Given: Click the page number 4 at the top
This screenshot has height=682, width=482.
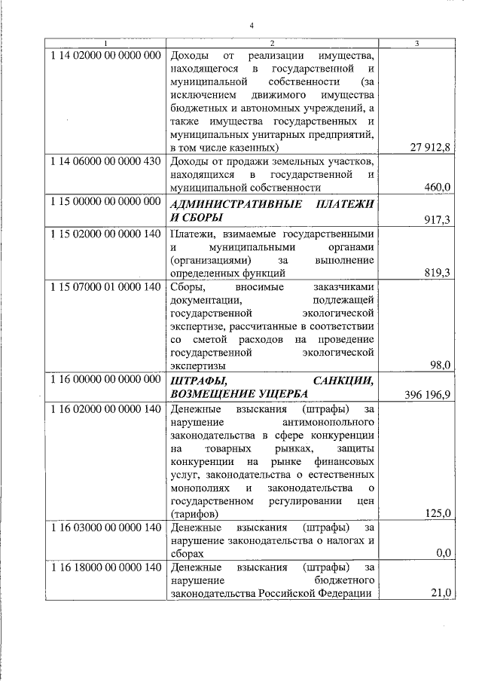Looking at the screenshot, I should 252,27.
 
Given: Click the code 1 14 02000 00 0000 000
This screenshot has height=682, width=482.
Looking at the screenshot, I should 106,56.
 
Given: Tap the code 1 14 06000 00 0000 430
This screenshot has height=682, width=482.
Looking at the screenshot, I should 106,161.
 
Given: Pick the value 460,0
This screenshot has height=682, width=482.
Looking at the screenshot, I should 437,188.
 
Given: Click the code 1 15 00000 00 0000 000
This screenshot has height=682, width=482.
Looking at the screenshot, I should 106,202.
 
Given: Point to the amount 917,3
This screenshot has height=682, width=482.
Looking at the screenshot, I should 437,219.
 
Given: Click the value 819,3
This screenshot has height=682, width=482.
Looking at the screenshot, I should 437,273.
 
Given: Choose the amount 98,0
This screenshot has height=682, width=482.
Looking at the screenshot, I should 440,365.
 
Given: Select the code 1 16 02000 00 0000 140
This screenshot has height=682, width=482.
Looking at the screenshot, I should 106,409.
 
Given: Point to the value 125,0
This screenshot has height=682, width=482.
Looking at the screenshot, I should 437,513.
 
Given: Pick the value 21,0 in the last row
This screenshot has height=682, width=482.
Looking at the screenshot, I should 440,593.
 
